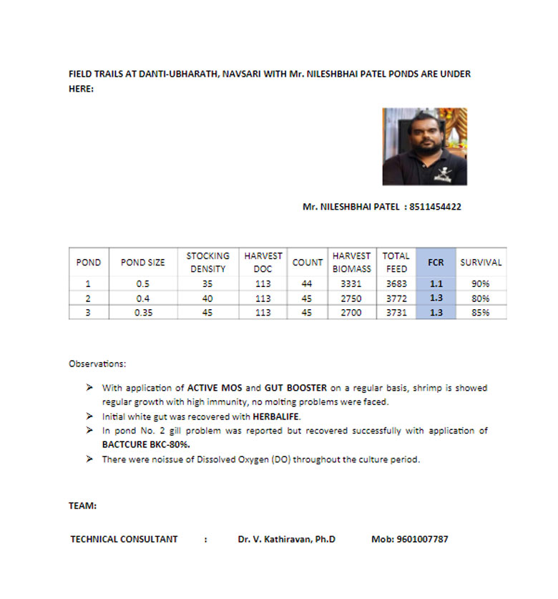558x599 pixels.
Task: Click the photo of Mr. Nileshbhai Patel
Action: pos(424,147)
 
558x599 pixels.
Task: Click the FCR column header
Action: pos(436,263)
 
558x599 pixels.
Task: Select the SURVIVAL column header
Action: pos(481,263)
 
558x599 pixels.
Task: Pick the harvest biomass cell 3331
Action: pos(351,284)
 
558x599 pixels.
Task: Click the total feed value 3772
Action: pos(396,298)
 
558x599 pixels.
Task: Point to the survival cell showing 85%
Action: pos(481,313)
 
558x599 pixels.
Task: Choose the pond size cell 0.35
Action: pos(142,313)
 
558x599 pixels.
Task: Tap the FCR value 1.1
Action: pos(436,284)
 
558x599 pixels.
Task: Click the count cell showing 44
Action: pos(307,284)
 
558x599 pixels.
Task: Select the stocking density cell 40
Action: pos(207,298)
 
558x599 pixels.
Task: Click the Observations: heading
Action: pos(97,364)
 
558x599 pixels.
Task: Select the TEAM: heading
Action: pos(82,506)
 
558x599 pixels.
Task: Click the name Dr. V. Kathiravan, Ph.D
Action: pos(286,539)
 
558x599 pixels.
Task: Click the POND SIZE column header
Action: pos(142,263)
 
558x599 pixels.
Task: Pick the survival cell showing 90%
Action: pos(481,284)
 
